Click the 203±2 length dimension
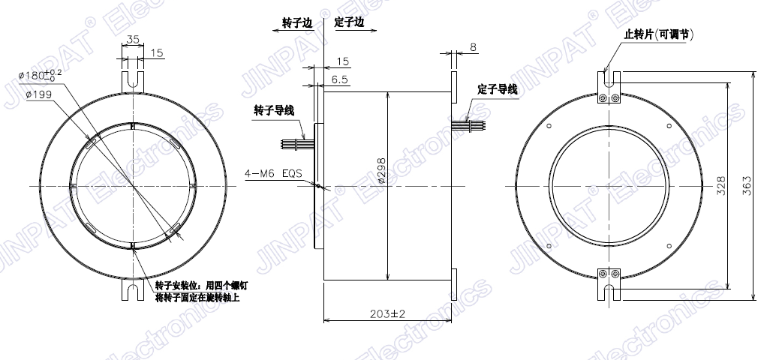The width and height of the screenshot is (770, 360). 387,314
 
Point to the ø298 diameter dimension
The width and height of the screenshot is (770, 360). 381,171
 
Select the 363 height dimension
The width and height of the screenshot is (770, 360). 747,185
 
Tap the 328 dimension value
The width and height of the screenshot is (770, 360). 721,185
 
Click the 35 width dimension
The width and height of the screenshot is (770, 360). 133,40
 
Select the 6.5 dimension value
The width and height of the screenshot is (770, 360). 340,79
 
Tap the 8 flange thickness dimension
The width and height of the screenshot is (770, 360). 473,47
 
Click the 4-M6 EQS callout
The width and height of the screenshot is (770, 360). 273,173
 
